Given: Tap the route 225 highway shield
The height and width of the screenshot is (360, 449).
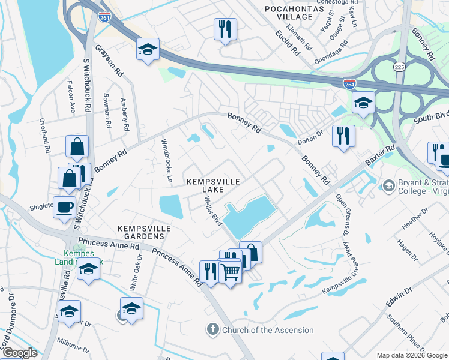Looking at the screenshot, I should coord(399,66).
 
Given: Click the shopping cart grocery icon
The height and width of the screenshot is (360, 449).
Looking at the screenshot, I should coord(230,273).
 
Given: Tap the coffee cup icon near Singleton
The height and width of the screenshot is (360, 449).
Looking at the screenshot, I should coord(65,208).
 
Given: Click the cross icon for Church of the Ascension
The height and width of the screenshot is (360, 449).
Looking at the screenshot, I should coord(213,329).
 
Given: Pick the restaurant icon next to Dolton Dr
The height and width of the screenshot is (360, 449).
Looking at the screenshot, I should coord(343,136).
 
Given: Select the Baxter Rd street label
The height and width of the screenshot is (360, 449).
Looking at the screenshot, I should coord(380,155).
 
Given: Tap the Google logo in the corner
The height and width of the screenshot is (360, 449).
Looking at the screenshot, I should coord(19,353).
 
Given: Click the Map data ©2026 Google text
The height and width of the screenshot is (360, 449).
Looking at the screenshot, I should coord(411,355).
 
